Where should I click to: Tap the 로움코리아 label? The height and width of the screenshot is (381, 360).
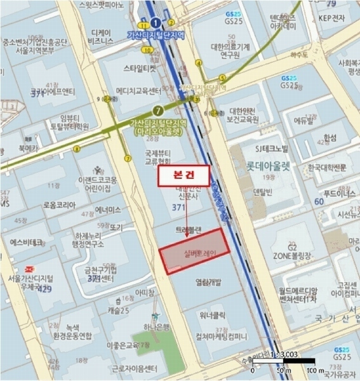coord(59,205)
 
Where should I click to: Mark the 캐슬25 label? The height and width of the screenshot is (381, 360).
coord(118,310)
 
